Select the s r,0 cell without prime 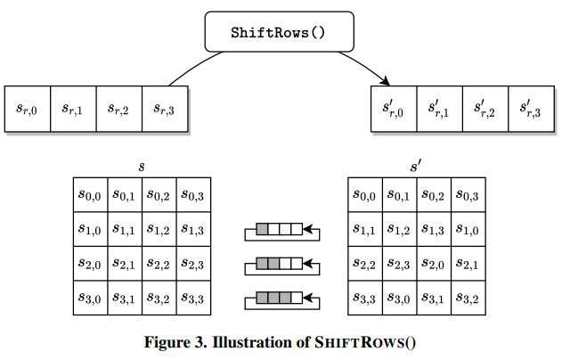click(27, 109)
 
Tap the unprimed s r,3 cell click(166, 109)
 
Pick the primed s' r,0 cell click(393, 109)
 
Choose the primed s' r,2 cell click(485, 109)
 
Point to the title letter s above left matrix click(142, 167)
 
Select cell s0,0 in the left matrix click(90, 195)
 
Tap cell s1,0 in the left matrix click(90, 229)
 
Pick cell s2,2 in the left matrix click(159, 264)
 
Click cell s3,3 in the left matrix click(193, 298)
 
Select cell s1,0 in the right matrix click(468, 229)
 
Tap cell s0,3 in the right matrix click(468, 195)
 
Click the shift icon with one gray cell click(280, 231)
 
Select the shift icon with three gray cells click(280, 298)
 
